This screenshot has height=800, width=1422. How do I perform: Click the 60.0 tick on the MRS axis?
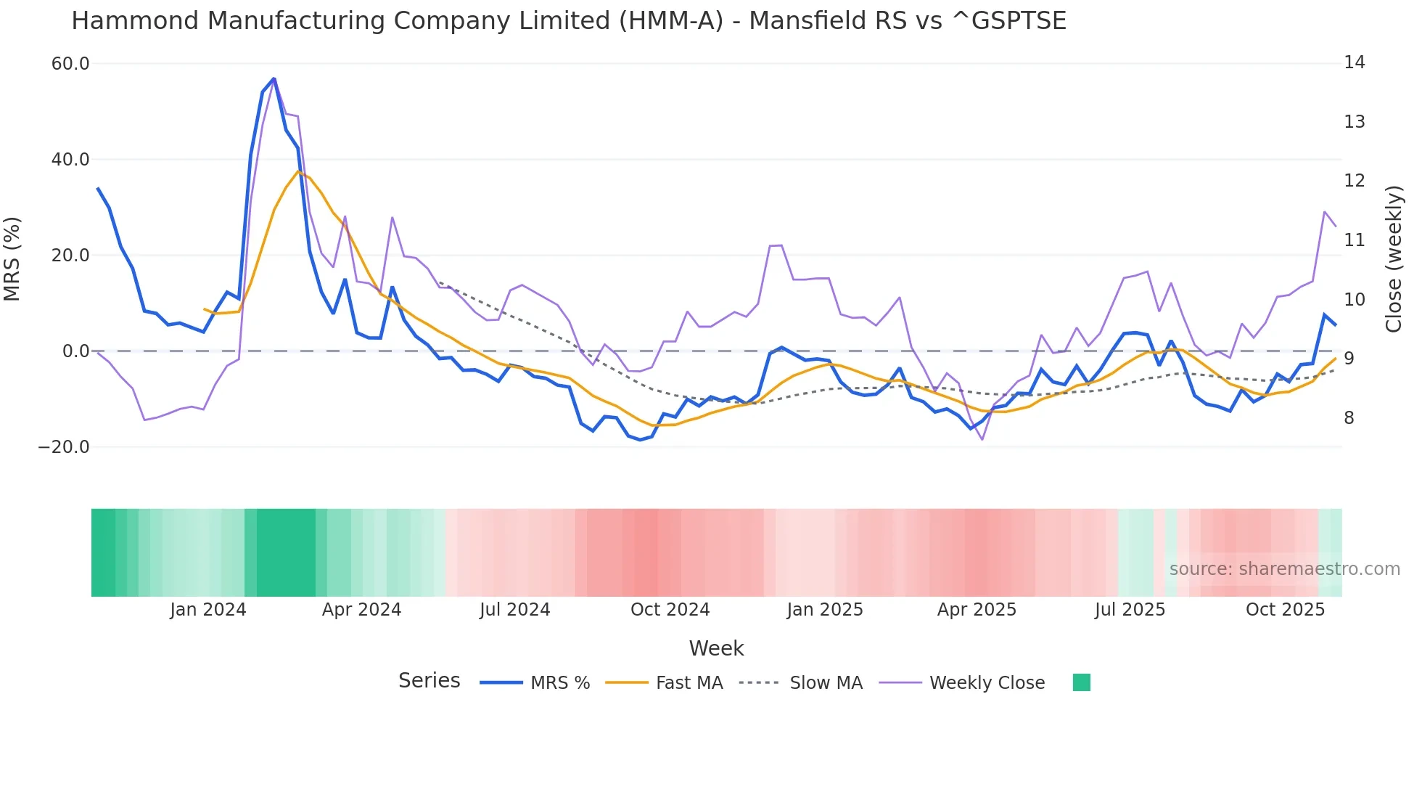(70, 64)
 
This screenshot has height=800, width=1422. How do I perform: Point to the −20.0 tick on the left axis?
(64, 447)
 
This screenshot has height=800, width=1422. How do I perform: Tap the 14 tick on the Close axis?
(1354, 62)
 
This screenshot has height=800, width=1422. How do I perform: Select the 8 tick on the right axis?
(1349, 418)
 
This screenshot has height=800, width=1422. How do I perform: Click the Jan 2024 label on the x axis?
(208, 610)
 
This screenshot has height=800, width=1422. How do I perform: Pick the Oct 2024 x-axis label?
(670, 610)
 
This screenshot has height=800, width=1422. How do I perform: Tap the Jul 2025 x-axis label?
(1130, 610)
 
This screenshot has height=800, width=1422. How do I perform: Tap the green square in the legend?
(1081, 682)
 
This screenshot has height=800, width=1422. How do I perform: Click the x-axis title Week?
(716, 648)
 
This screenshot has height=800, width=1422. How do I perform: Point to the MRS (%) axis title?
(12, 258)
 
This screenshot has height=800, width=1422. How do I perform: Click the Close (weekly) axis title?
(1394, 258)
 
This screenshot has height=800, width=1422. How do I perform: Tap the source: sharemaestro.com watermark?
(1284, 569)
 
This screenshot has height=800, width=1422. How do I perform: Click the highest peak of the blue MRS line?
(274, 78)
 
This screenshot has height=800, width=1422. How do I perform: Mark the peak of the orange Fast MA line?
(298, 171)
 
